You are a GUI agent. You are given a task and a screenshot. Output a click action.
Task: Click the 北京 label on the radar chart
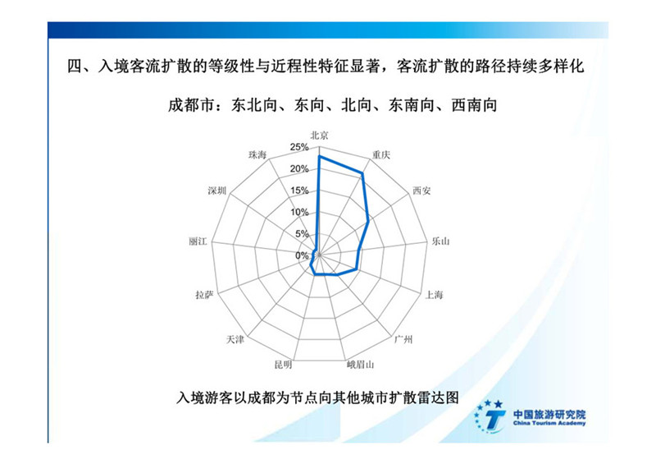(319, 135)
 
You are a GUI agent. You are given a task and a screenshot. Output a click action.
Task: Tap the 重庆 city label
(381, 155)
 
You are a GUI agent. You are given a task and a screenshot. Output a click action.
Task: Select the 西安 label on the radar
(421, 191)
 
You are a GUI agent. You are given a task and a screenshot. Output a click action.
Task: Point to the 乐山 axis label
(440, 241)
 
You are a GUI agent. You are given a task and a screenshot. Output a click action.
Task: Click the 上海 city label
(434, 295)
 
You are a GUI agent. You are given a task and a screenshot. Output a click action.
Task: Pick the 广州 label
(403, 339)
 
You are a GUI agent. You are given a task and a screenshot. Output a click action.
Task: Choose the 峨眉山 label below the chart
(360, 365)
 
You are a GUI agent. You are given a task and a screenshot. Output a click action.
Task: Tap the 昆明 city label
(283, 365)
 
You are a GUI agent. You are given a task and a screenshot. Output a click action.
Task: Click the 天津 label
(235, 339)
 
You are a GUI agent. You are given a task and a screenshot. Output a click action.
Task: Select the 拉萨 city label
(204, 295)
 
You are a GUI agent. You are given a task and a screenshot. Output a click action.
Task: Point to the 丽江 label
(198, 241)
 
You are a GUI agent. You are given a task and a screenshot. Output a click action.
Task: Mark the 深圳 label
(216, 191)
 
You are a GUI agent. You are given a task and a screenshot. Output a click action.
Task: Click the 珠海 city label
(257, 155)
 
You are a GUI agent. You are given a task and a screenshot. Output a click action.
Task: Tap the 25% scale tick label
(299, 147)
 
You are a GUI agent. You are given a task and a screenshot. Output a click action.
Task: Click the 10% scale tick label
(299, 212)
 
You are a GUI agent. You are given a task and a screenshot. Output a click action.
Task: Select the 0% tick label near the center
(301, 255)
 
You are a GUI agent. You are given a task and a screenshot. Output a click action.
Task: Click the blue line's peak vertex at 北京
(319, 156)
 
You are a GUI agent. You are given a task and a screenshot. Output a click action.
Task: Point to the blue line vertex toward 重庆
(362, 172)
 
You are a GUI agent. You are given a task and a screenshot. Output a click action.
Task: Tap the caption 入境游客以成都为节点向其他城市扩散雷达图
(317, 397)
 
